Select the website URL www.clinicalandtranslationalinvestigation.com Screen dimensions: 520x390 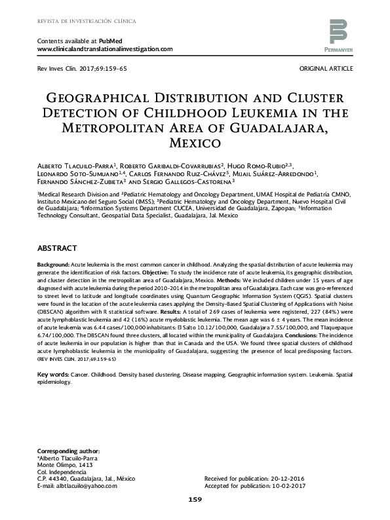pyautogui.click(x=105, y=49)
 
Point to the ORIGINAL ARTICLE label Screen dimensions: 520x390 pyautogui.click(x=326, y=68)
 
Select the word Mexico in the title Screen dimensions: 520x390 pyautogui.click(x=195, y=141)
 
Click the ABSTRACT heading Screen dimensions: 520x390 pyautogui.click(x=58, y=286)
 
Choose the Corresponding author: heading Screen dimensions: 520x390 pyautogui.click(x=69, y=451)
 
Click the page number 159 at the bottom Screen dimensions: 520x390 pyautogui.click(x=195, y=500)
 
